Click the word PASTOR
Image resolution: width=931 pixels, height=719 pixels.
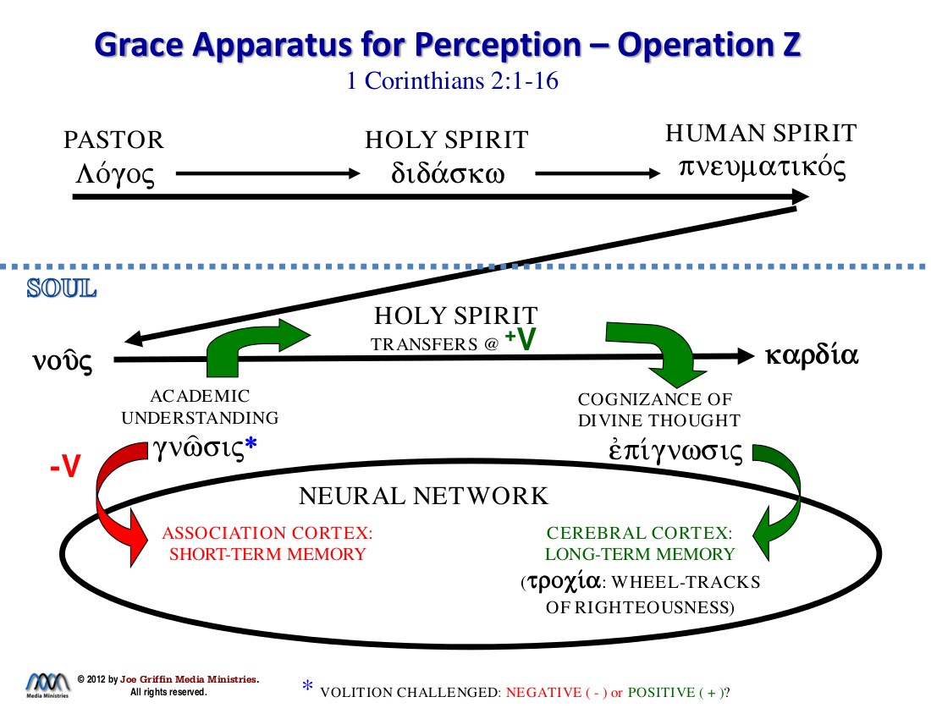click(x=113, y=140)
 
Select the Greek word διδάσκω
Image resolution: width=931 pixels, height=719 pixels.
click(x=448, y=173)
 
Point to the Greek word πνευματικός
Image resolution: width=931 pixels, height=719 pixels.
click(x=762, y=166)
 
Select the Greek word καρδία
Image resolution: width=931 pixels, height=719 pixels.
click(x=812, y=355)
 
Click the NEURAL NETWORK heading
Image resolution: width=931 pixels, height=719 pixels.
click(x=423, y=496)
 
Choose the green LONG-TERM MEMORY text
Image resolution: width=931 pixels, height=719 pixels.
click(x=639, y=555)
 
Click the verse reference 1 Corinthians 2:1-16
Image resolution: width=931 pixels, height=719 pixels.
click(x=452, y=82)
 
